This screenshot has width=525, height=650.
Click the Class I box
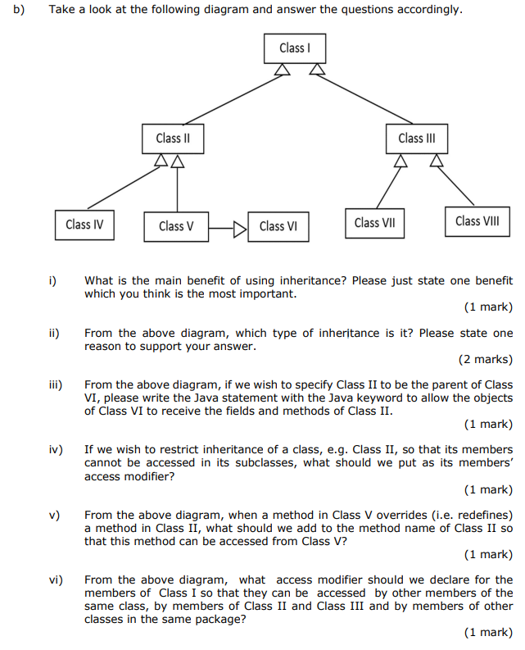(295, 48)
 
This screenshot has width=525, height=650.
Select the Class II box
(173, 138)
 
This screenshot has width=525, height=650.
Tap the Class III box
(417, 138)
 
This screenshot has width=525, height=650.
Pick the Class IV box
(84, 224)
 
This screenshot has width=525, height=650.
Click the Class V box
(176, 226)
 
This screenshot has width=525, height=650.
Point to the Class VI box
(278, 226)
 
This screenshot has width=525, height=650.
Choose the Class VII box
(374, 223)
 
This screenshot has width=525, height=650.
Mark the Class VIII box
(477, 220)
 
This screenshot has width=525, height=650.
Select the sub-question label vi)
(55, 580)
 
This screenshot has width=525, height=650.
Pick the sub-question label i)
(52, 280)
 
